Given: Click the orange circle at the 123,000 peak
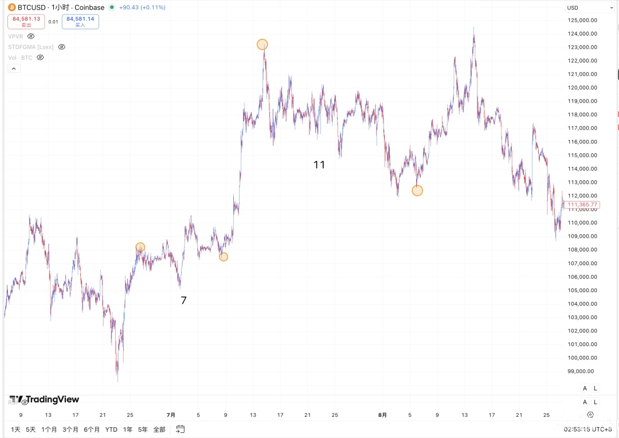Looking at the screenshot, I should point(262,44).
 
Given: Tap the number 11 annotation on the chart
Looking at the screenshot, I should point(319,165).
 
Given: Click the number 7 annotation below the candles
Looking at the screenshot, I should point(183,300).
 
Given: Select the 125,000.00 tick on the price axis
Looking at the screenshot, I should point(582,20).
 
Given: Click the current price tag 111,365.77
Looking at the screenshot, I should point(583,204).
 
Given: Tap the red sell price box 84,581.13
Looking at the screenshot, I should point(26,21).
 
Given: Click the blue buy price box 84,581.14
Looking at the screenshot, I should point(80,21).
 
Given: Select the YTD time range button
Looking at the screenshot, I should point(111,429).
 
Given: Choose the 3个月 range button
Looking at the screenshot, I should point(70,429).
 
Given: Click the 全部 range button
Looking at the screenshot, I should point(159,429).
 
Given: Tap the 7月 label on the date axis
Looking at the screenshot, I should point(171,414).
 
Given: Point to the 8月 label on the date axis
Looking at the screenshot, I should point(382,414).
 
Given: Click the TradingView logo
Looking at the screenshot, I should point(44,400).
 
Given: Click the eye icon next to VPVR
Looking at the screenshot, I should point(31,36).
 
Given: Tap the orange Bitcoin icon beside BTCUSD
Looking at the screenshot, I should point(11,7).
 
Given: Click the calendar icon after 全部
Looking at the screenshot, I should point(181,429).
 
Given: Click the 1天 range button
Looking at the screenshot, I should point(16,429).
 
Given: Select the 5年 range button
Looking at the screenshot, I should point(143,429).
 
